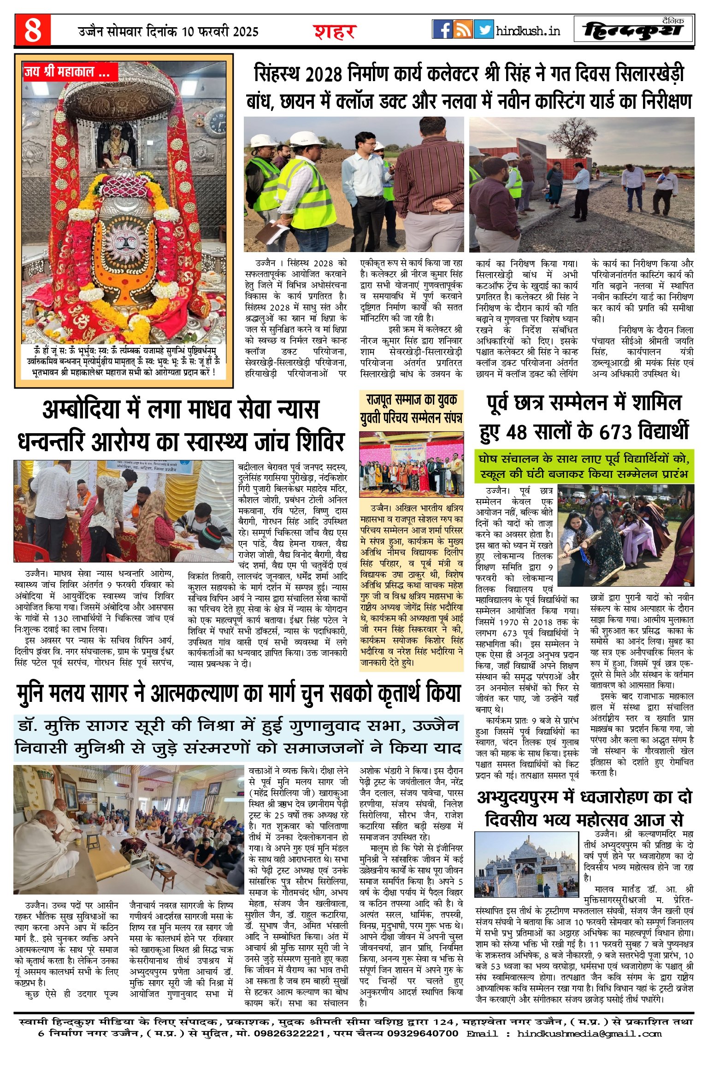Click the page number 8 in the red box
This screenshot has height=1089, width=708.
pos(33,30)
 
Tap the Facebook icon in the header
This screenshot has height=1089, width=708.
pos(442,29)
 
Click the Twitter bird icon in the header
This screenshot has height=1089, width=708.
pos(484,29)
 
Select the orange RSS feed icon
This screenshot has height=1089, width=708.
pos(463,29)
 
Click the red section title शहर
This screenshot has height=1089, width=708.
pos(335,31)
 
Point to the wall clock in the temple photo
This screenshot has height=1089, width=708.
pos(215,121)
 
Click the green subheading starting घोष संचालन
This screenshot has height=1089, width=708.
pos(584,466)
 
